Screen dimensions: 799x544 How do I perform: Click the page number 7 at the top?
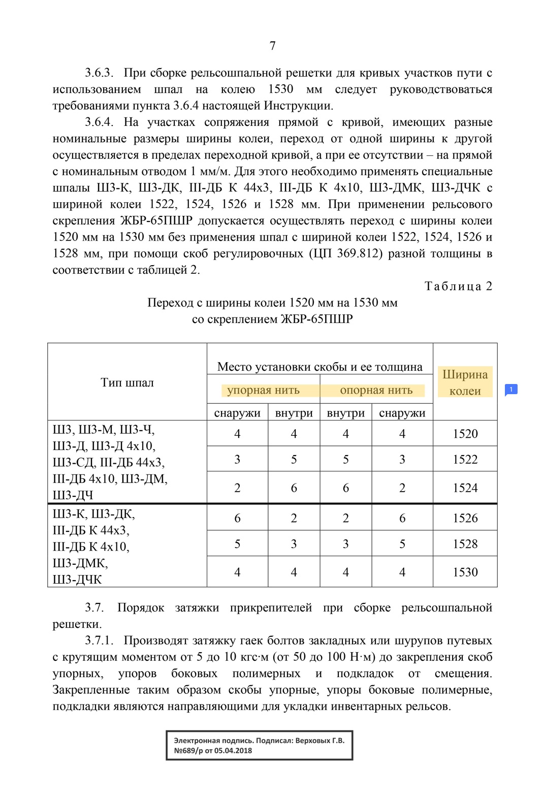[272, 46]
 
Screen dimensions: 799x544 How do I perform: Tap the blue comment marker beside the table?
[510, 390]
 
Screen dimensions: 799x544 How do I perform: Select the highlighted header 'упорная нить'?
[263, 390]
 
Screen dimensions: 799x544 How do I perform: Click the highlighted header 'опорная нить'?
[376, 390]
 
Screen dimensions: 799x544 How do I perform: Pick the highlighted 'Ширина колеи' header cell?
[465, 382]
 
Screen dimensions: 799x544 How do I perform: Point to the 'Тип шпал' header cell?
[127, 382]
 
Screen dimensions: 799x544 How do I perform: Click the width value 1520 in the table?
[465, 434]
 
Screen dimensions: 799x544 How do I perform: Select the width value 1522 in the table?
[465, 459]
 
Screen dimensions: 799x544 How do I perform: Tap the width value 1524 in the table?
[465, 488]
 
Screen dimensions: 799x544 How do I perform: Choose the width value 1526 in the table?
[465, 518]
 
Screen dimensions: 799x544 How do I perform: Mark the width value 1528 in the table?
[465, 544]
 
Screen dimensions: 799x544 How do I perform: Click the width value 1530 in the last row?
[465, 572]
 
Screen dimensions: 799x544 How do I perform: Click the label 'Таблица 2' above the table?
[458, 286]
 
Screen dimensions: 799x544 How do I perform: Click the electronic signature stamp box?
[259, 746]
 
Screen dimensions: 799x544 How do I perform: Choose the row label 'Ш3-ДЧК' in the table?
[77, 580]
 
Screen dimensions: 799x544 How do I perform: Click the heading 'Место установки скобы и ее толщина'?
[319, 367]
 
